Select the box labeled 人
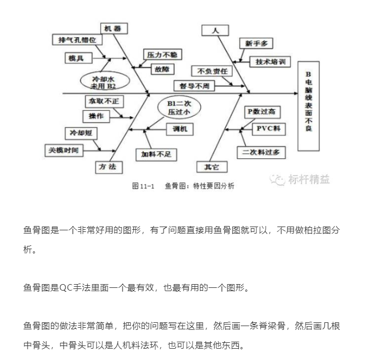(x=216, y=30)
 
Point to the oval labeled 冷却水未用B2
(x=103, y=81)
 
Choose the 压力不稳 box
(x=163, y=55)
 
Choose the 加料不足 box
(x=155, y=154)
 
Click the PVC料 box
(x=268, y=129)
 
